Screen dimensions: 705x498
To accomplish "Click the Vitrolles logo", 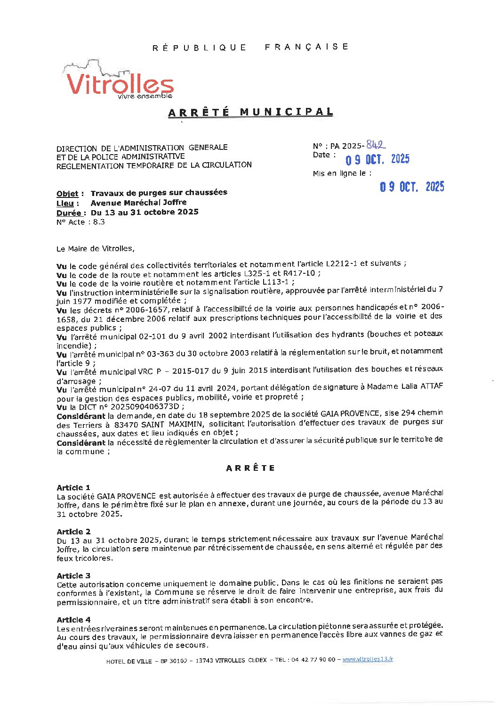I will point(120,81).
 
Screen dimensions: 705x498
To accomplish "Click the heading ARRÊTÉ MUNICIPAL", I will point(250,112).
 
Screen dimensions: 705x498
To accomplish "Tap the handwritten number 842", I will point(376,145).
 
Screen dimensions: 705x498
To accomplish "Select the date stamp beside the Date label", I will point(378,160).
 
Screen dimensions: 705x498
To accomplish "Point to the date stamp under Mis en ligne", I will point(412,187).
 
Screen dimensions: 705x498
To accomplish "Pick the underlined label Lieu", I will point(65,203).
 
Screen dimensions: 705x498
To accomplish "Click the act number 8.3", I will point(99,222).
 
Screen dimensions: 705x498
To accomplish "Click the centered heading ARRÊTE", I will point(250,468).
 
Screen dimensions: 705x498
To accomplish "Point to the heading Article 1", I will point(73,487).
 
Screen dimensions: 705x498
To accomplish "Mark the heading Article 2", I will point(73,532).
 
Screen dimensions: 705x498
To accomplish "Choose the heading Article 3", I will point(73,575).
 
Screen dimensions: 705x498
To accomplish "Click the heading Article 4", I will point(73,620).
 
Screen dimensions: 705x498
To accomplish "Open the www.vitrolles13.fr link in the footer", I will point(368,659).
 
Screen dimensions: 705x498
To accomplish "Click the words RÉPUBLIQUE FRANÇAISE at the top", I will point(250,47).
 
